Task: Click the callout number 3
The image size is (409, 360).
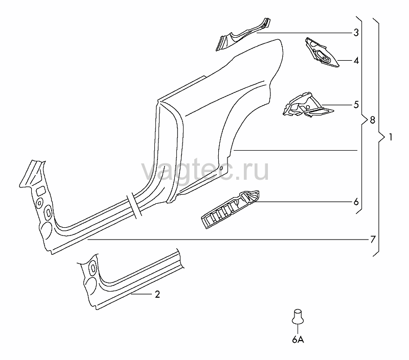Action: tap(356, 33)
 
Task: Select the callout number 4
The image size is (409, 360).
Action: tap(356, 61)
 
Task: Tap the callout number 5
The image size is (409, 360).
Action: tap(356, 105)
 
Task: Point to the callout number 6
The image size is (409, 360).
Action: tap(356, 202)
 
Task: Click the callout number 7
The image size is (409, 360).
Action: tap(373, 239)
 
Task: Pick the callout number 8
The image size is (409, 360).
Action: tap(372, 120)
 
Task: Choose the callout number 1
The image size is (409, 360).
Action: tap(391, 137)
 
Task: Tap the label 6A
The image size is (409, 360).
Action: tap(298, 340)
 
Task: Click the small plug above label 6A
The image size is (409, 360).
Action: tap(298, 317)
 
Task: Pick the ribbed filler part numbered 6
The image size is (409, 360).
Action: tap(231, 209)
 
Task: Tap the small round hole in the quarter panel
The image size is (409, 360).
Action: tap(221, 169)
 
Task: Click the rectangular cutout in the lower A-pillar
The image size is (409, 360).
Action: tap(41, 191)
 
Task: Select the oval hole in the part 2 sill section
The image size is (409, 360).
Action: tap(93, 268)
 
